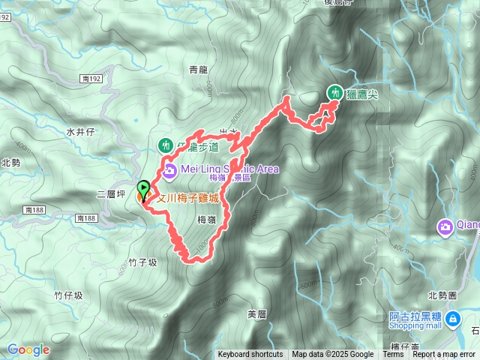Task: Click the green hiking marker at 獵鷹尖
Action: (334, 93)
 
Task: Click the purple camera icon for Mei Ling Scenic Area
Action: (169, 170)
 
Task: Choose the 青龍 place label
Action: (198, 70)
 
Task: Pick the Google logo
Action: (28, 349)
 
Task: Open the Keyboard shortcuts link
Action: (250, 355)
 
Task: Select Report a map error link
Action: (444, 355)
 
